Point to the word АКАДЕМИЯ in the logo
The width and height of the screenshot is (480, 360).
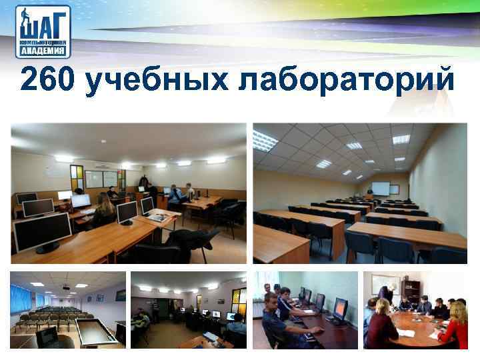pos(43,50)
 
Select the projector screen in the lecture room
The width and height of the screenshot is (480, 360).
pos(381,188)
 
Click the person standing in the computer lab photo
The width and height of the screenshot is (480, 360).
pos(143,184)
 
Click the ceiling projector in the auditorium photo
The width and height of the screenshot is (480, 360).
pos(66,287)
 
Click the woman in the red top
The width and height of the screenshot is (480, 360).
pos(457,323)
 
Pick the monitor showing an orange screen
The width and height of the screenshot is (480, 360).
pos(339,309)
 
